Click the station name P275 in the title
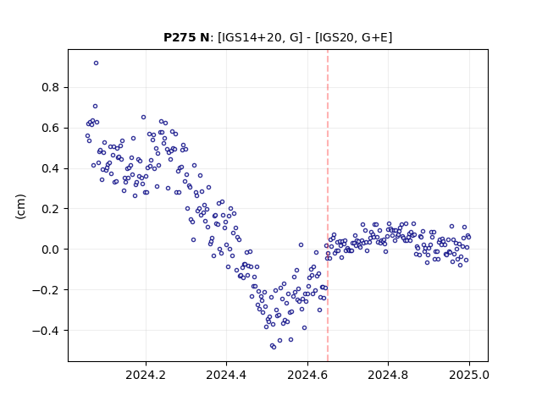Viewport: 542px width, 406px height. coord(177,37)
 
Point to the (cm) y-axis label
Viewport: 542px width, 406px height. coord(20,206)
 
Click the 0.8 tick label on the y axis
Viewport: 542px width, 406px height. coord(51,88)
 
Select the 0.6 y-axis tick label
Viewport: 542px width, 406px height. coord(51,128)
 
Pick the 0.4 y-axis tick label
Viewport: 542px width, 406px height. coord(51,168)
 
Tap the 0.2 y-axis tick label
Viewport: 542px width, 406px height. coord(51,209)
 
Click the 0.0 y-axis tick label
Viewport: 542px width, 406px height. coord(51,250)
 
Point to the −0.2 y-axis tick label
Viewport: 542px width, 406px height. coord(46,289)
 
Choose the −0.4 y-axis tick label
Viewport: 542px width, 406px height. coord(46,331)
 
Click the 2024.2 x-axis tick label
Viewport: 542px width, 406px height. coord(146,375)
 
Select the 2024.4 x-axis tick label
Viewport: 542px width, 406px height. coord(226,375)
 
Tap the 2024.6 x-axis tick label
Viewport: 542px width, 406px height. coord(307,375)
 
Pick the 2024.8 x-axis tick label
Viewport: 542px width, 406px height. coord(388,375)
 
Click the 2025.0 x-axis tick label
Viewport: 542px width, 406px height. coord(469,375)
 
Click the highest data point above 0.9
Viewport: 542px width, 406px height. coord(96,63)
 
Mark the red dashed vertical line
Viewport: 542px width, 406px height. coord(328,206)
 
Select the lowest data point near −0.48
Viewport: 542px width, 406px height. coord(274,347)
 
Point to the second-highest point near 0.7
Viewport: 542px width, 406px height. coord(96,107)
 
